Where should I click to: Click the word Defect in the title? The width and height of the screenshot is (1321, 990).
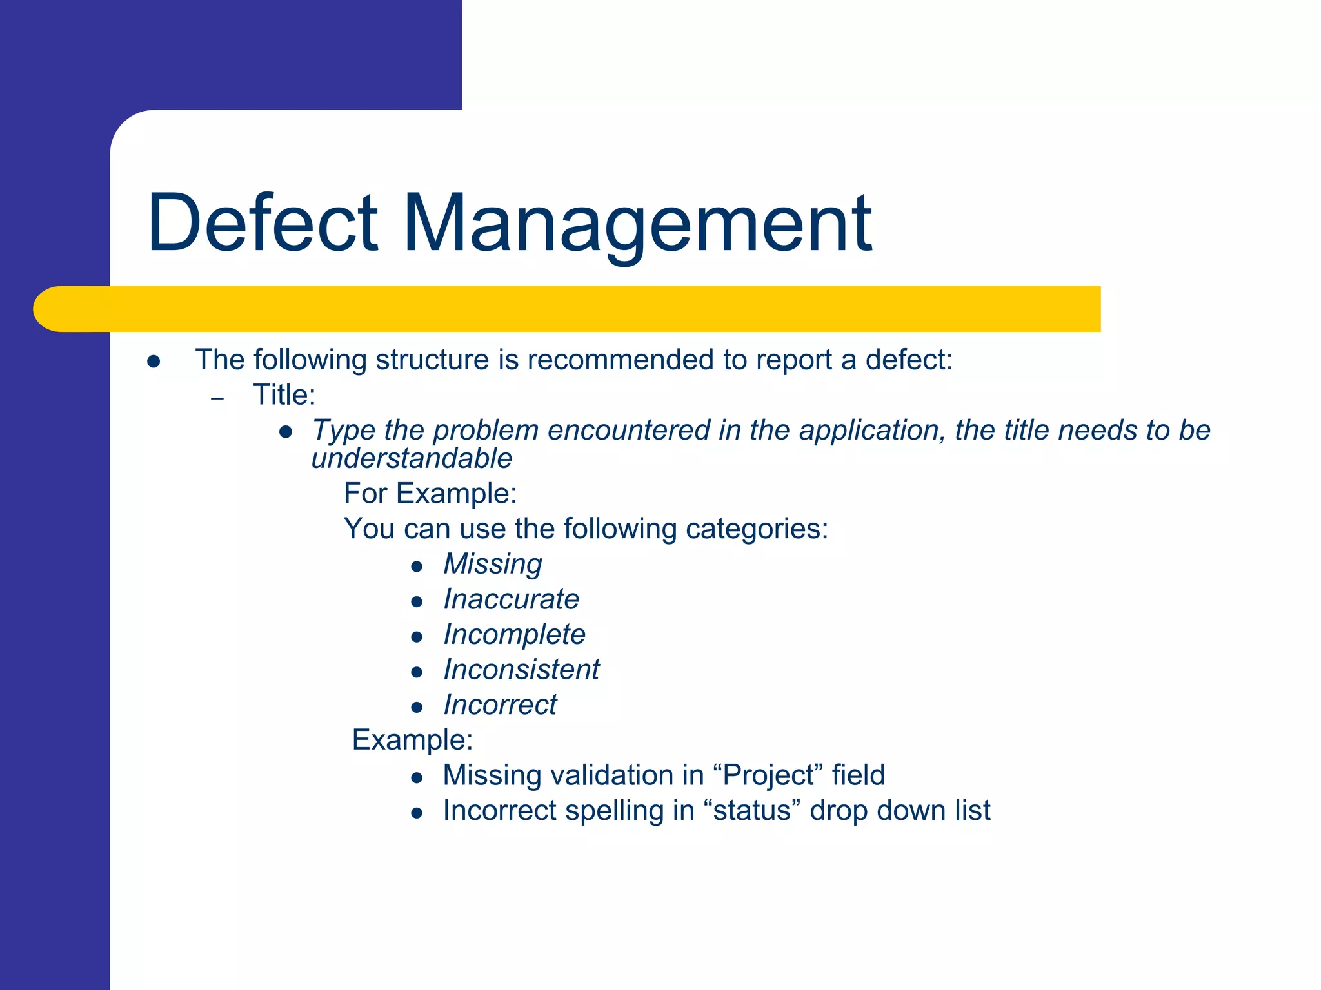point(263,222)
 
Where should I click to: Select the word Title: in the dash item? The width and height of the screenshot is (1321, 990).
point(284,395)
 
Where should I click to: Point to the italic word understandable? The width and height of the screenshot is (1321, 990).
point(412,459)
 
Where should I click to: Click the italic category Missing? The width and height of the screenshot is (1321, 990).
point(493,564)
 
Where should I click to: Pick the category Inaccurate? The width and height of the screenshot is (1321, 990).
point(511,599)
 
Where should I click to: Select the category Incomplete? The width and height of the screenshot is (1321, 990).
point(514,635)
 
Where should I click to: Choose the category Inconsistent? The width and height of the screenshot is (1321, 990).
point(521,670)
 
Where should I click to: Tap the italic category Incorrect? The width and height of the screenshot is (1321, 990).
point(500,705)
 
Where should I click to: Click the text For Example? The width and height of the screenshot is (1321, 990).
point(430,494)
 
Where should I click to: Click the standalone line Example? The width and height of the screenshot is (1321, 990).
point(412,740)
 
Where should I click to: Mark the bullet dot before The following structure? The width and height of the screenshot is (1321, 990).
point(154,362)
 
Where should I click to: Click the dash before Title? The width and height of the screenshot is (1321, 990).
point(217,398)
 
